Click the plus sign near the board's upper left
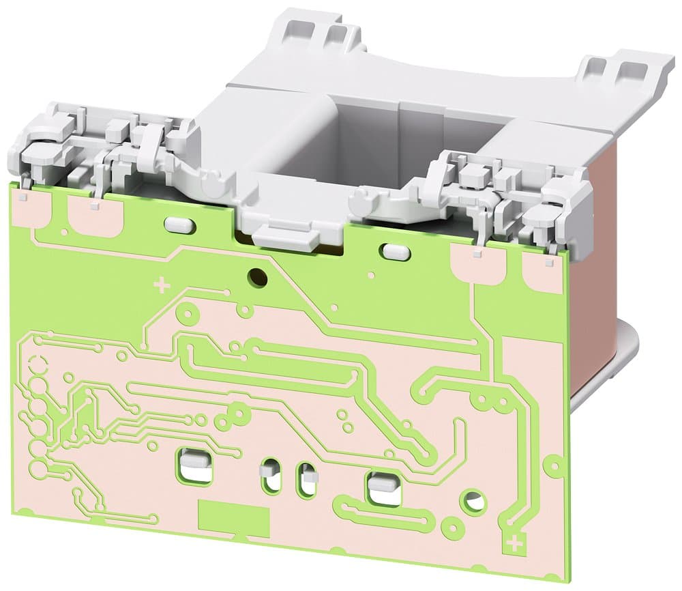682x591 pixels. pyautogui.click(x=162, y=285)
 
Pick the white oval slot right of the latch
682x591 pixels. pyautogui.click(x=394, y=251)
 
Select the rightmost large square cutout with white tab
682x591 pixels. pyautogui.click(x=384, y=488)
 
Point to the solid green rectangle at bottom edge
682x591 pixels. pyautogui.click(x=233, y=514)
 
